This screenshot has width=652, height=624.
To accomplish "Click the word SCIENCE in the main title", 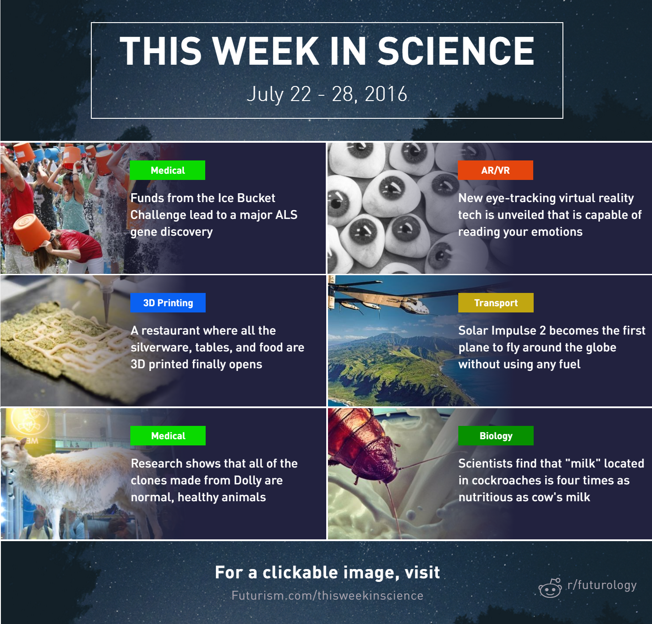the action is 456,51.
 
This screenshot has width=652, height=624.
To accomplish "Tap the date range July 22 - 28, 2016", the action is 327,94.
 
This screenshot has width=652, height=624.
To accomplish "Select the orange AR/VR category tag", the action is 496,170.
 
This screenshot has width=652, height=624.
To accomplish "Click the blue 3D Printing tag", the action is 168,303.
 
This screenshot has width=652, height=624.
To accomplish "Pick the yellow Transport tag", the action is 496,303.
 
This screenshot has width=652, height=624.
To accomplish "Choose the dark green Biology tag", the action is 496,436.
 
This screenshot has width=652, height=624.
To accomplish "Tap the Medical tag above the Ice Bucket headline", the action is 168,170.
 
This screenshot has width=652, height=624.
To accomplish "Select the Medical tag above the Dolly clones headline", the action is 168,436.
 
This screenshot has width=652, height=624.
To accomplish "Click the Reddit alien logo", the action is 550,588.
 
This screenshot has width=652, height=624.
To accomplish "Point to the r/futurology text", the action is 602,585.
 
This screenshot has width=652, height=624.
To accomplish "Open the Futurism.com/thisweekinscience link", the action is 328,596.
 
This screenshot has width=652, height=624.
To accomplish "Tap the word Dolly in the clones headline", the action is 247,481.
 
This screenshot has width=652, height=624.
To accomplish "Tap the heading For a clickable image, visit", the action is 328,573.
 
